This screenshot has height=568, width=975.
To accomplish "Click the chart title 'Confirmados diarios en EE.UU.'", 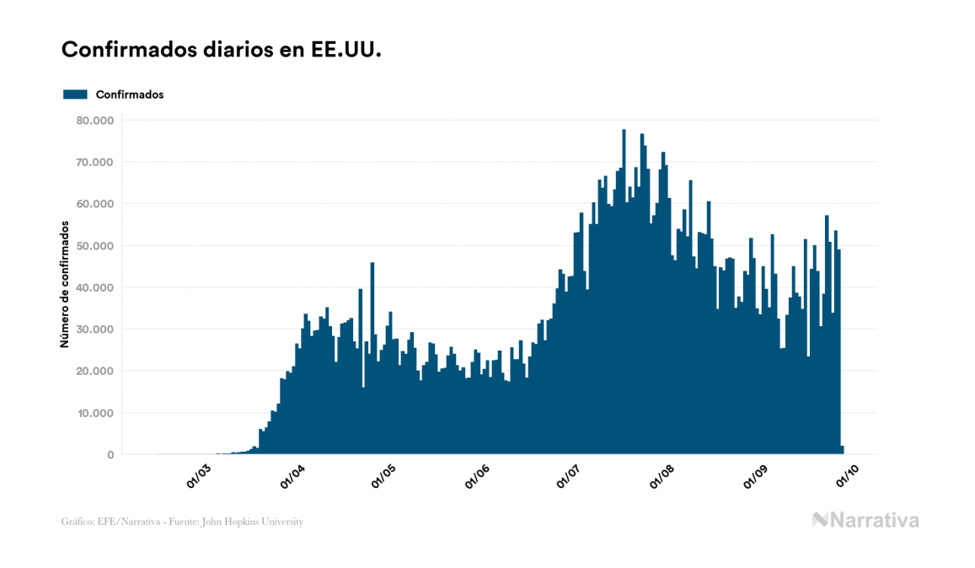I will click(x=222, y=50).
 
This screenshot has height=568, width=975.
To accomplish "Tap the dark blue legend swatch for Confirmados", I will click(x=75, y=94).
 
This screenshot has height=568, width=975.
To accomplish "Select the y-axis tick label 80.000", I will click(x=95, y=121).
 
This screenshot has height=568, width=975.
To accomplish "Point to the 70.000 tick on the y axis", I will click(x=95, y=162).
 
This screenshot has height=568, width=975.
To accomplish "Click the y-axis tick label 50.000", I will click(x=95, y=246).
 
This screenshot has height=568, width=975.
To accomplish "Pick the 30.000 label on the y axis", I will click(x=95, y=330).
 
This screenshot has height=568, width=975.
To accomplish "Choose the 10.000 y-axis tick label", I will click(x=95, y=413).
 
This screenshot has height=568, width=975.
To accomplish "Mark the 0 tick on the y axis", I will click(x=110, y=455).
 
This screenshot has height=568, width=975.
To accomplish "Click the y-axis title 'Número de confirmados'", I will click(x=65, y=283).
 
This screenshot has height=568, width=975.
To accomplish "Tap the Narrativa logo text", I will click(x=865, y=520).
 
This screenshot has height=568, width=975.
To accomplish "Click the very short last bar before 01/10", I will click(x=842, y=450).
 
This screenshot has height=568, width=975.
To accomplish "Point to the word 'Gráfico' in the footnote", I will click(x=77, y=522).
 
